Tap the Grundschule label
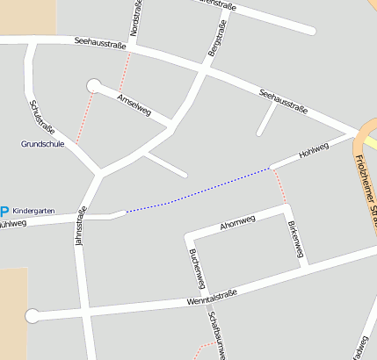click(43, 143)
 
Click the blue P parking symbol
click(4, 212)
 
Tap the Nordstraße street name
click(134, 18)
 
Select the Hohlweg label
click(313, 151)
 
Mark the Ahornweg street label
click(237, 220)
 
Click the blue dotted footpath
click(198, 190)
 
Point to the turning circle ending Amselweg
click(93, 85)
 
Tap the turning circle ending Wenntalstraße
click(33, 315)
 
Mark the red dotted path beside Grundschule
click(83, 119)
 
